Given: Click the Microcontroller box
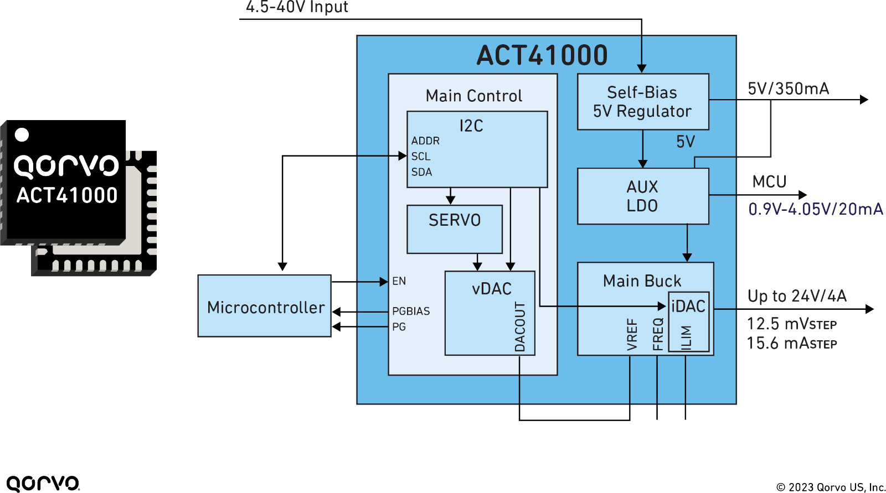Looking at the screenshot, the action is [264, 306].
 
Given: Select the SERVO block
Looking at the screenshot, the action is [455, 229].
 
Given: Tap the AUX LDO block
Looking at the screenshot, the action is [643, 196].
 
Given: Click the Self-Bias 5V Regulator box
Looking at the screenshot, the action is [643, 102].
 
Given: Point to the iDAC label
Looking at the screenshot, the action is [688, 306].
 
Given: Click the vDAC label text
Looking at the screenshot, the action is [492, 289].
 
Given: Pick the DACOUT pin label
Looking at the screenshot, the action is [520, 327].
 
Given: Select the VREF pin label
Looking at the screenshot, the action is [632, 334].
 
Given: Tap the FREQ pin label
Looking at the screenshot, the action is [658, 334].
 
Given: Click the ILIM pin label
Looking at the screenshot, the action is [686, 338].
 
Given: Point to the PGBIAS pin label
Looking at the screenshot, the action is [411, 311].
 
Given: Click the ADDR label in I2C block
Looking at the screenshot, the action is [425, 141].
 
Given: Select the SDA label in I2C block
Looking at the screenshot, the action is [421, 172].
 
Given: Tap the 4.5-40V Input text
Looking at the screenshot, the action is [297, 7].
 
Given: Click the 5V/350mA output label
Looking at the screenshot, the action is [789, 89].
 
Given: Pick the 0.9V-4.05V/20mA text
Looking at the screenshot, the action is [816, 209].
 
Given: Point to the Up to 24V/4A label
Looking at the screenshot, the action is [797, 295].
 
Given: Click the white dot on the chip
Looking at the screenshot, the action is [22, 134].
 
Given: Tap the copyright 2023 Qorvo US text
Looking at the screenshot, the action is [831, 487].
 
